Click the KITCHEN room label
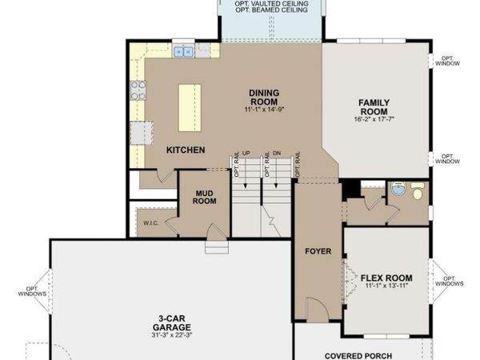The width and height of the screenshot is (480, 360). (x=186, y=150)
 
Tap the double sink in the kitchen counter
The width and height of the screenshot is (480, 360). (x=183, y=52)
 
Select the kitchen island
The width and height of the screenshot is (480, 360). (x=190, y=108)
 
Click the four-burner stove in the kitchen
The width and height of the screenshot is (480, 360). (x=138, y=90)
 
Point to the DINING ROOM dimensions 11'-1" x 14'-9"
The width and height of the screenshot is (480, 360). (x=265, y=110)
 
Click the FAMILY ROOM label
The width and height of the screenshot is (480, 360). (x=374, y=107)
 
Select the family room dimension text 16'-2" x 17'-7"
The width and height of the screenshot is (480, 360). (x=374, y=119)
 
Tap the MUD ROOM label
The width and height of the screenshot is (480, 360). (x=205, y=197)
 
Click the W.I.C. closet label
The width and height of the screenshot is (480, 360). (x=151, y=223)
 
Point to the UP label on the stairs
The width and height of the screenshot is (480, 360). (x=246, y=153)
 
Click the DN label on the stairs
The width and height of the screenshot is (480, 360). (x=277, y=153)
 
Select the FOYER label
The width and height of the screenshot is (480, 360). (x=318, y=251)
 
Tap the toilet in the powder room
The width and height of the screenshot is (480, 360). (x=418, y=191)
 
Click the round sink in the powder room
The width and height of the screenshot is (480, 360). (x=399, y=188)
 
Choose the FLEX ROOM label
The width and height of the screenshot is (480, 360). (x=386, y=278)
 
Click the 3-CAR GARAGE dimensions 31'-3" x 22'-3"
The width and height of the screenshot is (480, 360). (x=171, y=335)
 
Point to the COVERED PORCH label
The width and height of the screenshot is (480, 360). (x=358, y=356)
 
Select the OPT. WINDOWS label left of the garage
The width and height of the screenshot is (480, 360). (x=32, y=291)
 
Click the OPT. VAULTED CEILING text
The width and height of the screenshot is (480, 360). (x=271, y=4)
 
